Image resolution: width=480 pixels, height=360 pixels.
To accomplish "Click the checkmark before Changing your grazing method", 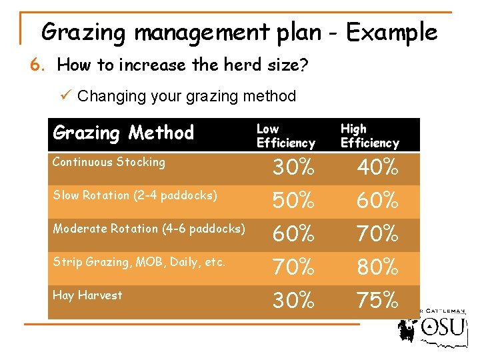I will pyautogui.click(x=65, y=96).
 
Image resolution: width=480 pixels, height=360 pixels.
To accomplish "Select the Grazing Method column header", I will pyautogui.click(x=123, y=133).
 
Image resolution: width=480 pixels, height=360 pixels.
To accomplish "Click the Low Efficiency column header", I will pyautogui.click(x=285, y=135).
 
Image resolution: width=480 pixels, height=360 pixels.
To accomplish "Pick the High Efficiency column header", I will pyautogui.click(x=369, y=135).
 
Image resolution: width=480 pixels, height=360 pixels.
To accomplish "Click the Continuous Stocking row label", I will pyautogui.click(x=109, y=162).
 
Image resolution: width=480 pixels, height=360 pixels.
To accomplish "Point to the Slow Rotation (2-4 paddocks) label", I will pyautogui.click(x=135, y=195).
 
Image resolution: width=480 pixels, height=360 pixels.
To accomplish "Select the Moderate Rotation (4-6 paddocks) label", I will pyautogui.click(x=149, y=229).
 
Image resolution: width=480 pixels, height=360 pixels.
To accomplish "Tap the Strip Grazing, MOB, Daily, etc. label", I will pyautogui.click(x=139, y=262).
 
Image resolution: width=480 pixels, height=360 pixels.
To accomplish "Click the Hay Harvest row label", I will pyautogui.click(x=87, y=295).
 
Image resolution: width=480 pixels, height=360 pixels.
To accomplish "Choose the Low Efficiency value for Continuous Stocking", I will pyautogui.click(x=293, y=169).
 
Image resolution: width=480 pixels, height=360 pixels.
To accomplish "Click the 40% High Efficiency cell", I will pyautogui.click(x=377, y=169).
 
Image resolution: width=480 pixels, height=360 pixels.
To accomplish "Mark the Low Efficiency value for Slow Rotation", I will pyautogui.click(x=293, y=201).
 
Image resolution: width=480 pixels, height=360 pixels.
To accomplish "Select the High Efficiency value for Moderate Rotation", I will pyautogui.click(x=377, y=234).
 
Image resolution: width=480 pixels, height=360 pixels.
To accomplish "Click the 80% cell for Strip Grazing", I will pyautogui.click(x=377, y=267).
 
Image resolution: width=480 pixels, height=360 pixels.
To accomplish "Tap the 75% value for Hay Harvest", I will pyautogui.click(x=377, y=301).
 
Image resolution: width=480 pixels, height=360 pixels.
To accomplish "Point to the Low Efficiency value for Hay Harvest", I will pyautogui.click(x=293, y=301).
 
